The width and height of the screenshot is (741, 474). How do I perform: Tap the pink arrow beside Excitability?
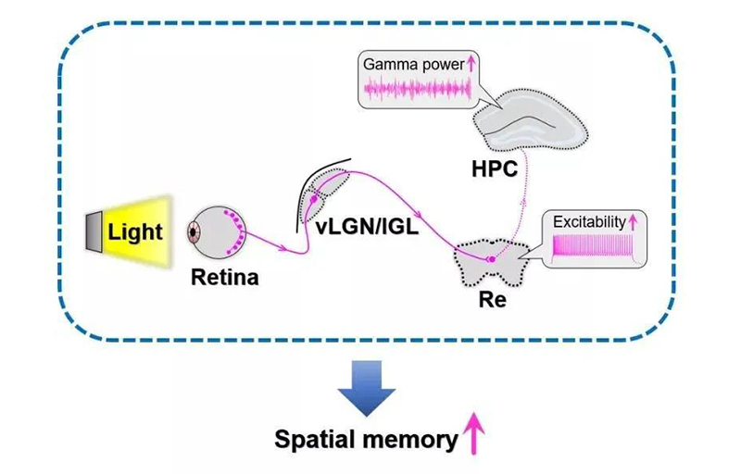point(635,222)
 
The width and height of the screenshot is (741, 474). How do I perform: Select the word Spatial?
point(315,438)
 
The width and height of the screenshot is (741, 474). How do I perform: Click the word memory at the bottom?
point(408,438)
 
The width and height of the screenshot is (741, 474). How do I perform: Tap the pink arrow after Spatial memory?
point(475,433)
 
